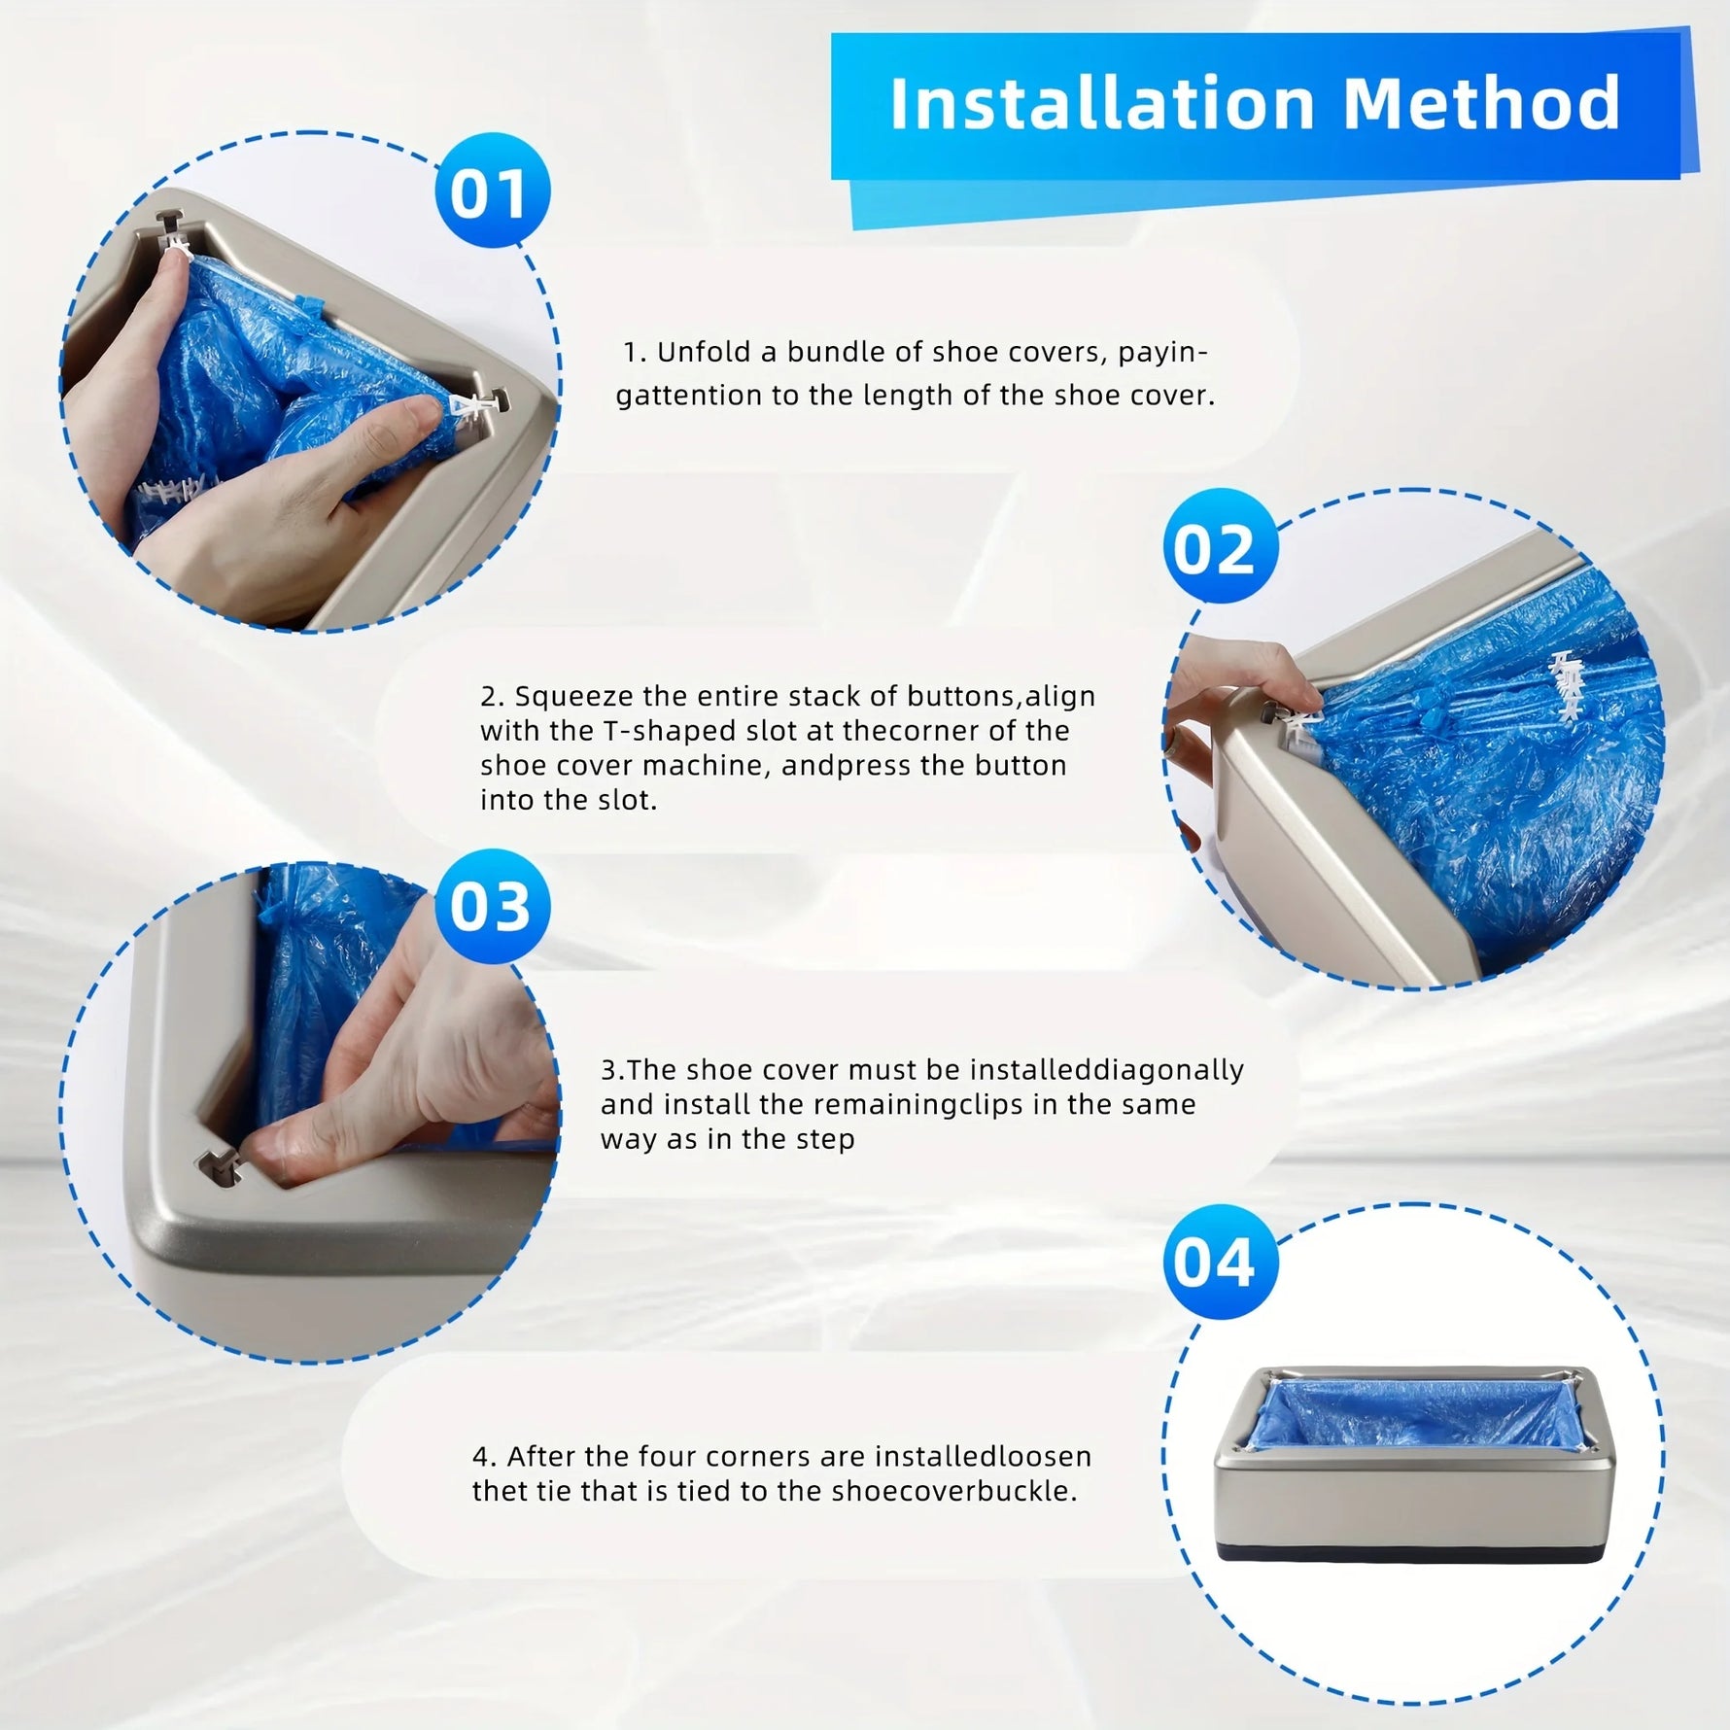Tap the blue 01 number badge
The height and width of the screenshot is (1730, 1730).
492,191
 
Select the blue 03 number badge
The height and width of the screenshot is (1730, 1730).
492,906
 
